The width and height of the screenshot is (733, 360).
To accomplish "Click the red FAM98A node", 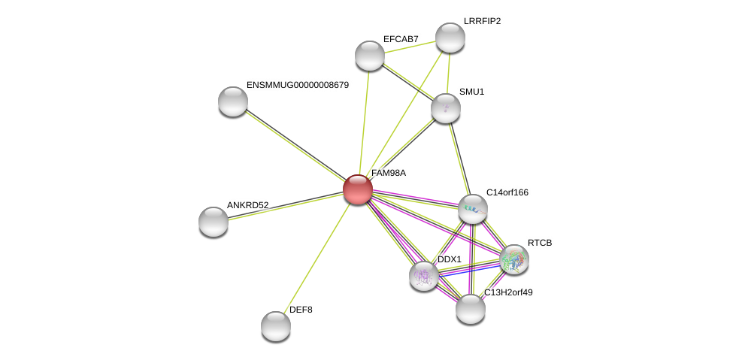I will pyautogui.click(x=358, y=189).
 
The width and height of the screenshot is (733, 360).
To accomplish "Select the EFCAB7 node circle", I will pyautogui.click(x=369, y=56).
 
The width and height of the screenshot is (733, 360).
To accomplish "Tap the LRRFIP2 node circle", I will pyautogui.click(x=450, y=38).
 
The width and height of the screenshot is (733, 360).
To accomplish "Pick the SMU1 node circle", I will pyautogui.click(x=445, y=108).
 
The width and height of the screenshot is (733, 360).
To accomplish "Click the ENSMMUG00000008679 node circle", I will pyautogui.click(x=233, y=101).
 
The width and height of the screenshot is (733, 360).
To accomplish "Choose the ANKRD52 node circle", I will pyautogui.click(x=214, y=222).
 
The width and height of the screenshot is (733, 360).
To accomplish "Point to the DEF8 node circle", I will pyautogui.click(x=276, y=325).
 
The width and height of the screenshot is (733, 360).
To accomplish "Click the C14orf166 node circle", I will pyautogui.click(x=472, y=209).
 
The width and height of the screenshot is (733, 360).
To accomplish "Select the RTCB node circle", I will pyautogui.click(x=514, y=259).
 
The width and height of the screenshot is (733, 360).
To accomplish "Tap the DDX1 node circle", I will pyautogui.click(x=424, y=275).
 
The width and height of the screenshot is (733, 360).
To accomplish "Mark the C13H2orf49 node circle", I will pyautogui.click(x=471, y=309).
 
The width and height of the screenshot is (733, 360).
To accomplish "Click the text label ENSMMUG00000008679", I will pyautogui.click(x=298, y=85).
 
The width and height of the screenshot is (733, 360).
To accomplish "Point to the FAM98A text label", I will pyautogui.click(x=388, y=173).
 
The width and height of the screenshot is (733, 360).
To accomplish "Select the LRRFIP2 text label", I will pyautogui.click(x=482, y=21).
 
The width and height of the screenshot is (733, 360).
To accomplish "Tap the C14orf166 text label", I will pyautogui.click(x=507, y=192).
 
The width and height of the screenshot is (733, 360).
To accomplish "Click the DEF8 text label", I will pyautogui.click(x=301, y=310).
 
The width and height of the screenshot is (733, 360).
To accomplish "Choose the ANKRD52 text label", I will pyautogui.click(x=247, y=205).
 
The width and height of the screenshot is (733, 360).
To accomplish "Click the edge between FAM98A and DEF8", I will pyautogui.click(x=317, y=256).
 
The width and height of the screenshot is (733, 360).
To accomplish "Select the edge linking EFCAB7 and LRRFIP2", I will pyautogui.click(x=410, y=47).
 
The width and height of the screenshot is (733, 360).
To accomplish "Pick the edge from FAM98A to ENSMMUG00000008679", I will pyautogui.click(x=295, y=145).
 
